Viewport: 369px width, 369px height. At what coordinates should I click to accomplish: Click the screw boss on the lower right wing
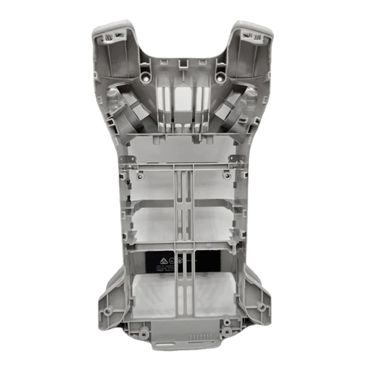click(262, 307)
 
